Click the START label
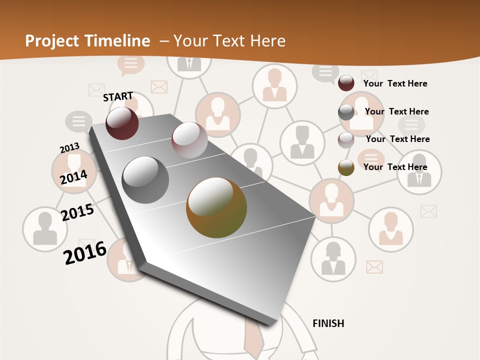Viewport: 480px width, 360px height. click(118, 96)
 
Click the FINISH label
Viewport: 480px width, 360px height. click(328, 323)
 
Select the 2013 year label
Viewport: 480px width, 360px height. click(69, 148)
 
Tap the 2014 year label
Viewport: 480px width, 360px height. click(73, 177)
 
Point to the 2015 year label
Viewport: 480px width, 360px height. click(77, 212)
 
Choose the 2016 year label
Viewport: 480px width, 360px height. click(85, 252)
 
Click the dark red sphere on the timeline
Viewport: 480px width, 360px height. click(122, 123)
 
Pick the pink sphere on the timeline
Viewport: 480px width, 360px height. click(189, 140)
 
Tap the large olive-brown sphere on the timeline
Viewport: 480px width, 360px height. click(216, 207)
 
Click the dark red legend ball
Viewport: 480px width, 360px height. click(346, 83)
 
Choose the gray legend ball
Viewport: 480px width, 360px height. click(346, 112)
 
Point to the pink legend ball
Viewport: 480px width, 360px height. click(346, 139)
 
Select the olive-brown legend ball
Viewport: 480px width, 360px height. click(346, 167)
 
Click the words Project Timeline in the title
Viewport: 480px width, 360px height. click(87, 41)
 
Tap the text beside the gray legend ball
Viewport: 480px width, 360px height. click(396, 111)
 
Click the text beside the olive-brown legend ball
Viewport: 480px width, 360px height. click(395, 167)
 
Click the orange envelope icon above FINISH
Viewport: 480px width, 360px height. click(374, 267)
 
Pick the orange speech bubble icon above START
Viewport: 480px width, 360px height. click(130, 64)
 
